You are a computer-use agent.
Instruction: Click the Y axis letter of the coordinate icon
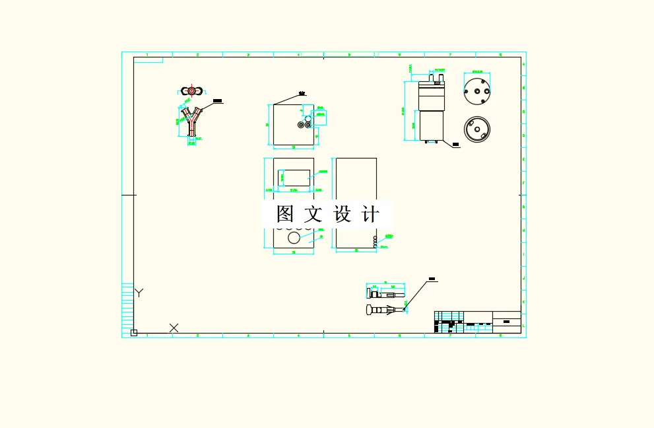[x=139, y=293]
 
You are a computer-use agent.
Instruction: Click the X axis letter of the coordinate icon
[x=174, y=328]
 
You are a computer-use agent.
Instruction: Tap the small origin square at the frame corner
[x=134, y=332]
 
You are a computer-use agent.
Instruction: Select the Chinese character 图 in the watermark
[x=284, y=214]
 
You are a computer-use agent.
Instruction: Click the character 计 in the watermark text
[x=372, y=214]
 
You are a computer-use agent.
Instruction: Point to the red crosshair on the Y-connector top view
[x=191, y=90]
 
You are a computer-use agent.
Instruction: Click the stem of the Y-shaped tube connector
[x=191, y=130]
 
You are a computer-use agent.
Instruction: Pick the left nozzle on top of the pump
[x=432, y=78]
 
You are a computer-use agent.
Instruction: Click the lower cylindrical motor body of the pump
[x=432, y=125]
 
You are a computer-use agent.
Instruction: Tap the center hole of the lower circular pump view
[x=476, y=129]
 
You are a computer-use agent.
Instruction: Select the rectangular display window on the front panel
[x=295, y=176]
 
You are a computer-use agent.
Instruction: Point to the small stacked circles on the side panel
[x=375, y=242]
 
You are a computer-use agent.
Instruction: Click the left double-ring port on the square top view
[x=301, y=124]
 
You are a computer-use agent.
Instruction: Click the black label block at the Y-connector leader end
[x=218, y=102]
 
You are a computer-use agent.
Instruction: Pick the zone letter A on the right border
[x=523, y=65]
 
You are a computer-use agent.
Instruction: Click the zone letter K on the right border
[x=523, y=302]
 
